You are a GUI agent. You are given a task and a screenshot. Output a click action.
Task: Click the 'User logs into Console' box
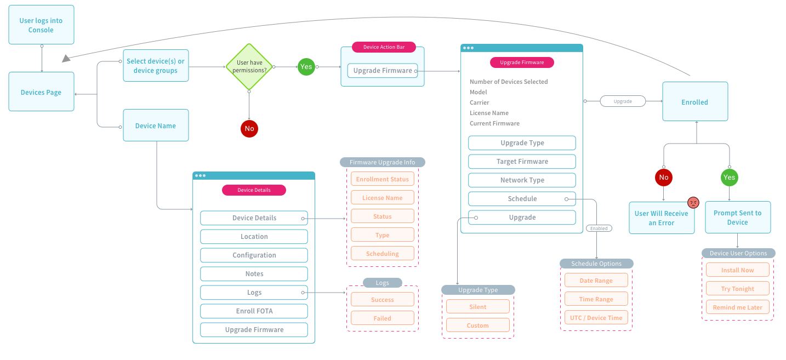(x=41, y=25)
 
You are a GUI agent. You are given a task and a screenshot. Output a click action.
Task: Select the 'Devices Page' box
(x=41, y=92)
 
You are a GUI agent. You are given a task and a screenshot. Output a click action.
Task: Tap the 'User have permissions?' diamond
(x=249, y=67)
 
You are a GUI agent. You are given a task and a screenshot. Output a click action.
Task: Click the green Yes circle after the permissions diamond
(x=306, y=67)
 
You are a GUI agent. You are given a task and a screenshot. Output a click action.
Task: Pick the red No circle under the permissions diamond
(x=249, y=129)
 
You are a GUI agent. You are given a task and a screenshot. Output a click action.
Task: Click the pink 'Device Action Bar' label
(x=384, y=47)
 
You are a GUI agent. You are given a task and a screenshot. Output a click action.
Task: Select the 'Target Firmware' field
(x=522, y=162)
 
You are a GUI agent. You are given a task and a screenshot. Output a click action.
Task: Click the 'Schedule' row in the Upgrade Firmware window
(x=522, y=199)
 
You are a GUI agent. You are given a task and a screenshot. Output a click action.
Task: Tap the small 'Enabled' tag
(x=599, y=228)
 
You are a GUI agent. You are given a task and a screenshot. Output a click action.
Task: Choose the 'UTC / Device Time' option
(x=596, y=318)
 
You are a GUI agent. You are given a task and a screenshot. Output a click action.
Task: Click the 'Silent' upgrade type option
(x=477, y=307)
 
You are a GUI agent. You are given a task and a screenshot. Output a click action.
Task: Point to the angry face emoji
(x=693, y=203)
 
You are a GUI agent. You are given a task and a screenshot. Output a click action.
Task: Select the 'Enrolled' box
(x=694, y=102)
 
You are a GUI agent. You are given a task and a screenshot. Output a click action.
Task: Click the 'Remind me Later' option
(x=737, y=307)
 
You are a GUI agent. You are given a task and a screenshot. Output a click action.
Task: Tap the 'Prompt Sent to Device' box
(x=737, y=218)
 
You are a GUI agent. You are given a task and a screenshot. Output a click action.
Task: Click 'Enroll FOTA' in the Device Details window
(x=254, y=311)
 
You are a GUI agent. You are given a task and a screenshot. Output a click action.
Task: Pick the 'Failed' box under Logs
(x=382, y=318)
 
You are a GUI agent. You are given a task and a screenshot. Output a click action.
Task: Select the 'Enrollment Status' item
(x=382, y=179)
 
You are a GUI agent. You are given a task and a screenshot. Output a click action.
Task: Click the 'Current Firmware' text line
(x=494, y=123)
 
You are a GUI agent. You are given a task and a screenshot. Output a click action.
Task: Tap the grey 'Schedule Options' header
(x=596, y=264)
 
